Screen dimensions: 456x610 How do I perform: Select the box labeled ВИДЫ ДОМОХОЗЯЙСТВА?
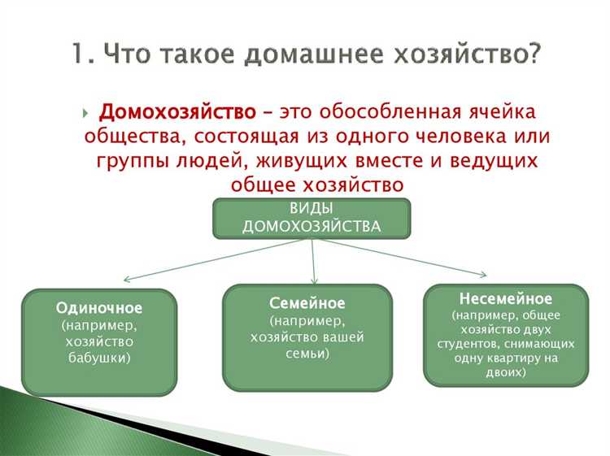pyautogui.click(x=312, y=218)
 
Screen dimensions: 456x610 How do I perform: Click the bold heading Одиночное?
pyautogui.click(x=99, y=309)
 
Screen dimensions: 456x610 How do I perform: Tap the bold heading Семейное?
pyautogui.click(x=307, y=303)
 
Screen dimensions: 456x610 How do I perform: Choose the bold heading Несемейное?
pyautogui.click(x=505, y=298)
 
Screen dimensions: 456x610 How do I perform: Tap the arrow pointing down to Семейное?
pyautogui.click(x=313, y=264)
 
